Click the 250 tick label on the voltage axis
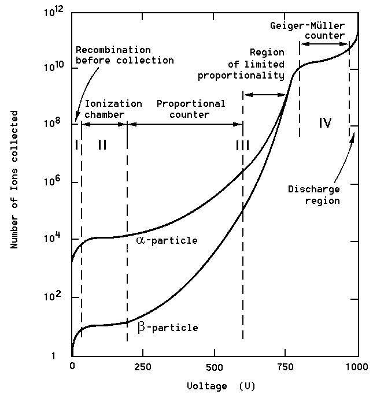[142, 367]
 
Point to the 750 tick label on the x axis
[285, 367]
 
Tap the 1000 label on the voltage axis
[357, 367]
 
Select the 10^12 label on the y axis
[54, 12]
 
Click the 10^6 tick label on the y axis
[53, 181]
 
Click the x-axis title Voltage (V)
[221, 386]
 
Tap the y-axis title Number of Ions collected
[14, 180]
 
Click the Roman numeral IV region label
[325, 123]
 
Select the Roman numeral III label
[242, 146]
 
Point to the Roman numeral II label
[102, 145]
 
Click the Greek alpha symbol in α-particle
[141, 240]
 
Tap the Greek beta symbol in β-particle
[141, 327]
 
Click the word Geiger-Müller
[307, 25]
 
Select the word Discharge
[314, 189]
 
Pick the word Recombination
[113, 50]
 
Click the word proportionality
[241, 76]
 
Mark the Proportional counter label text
[191, 109]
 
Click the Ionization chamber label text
[113, 109]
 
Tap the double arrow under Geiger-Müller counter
[324, 44]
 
